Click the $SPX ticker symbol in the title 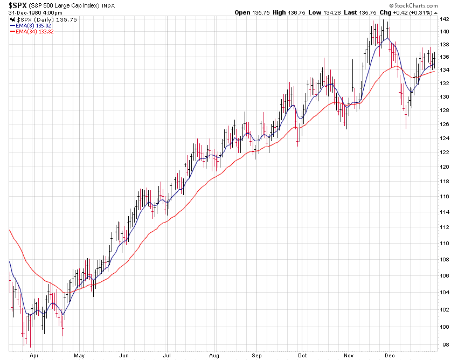tap(18, 5)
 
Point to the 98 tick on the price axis tap(443, 344)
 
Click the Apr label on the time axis tap(33, 356)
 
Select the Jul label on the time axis tap(168, 356)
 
